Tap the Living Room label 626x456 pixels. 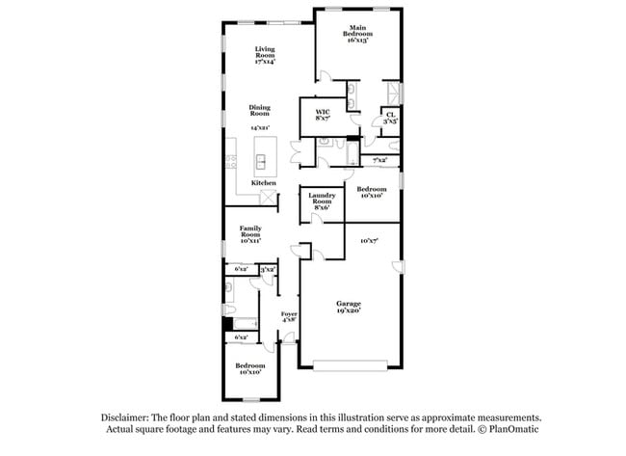tap(265, 55)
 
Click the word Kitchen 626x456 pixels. tap(264, 183)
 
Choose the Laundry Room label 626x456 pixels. tap(322, 201)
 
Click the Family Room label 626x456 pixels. tap(251, 232)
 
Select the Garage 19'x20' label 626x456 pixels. tap(348, 308)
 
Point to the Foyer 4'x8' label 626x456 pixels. tap(289, 317)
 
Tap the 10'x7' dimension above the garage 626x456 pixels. tap(369, 240)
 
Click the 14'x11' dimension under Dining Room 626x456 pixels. tap(260, 127)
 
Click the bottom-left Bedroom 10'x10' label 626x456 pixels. tap(250, 369)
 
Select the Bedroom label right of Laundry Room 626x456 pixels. tap(372, 192)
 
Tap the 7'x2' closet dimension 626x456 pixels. tap(379, 160)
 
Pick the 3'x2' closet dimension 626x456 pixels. tap(269, 270)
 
